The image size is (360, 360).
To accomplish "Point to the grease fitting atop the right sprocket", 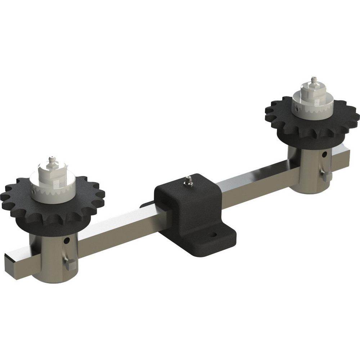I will coord(314,81).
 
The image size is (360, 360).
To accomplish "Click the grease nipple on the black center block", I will coord(187,180).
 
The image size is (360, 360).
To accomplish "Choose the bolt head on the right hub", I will coord(327,176).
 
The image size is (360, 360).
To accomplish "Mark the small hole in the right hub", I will coord(325,154).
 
